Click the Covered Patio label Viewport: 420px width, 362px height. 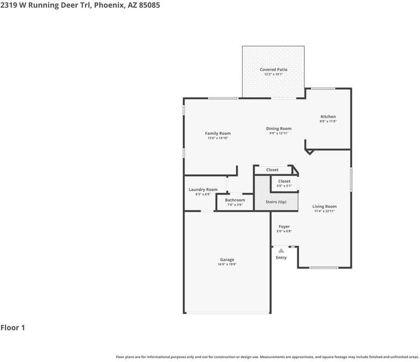[x=274, y=70]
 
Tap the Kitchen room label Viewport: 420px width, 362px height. [x=328, y=117]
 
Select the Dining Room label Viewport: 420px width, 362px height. [x=279, y=129]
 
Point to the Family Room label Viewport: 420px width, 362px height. [x=218, y=133]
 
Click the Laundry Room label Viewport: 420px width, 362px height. [x=203, y=190]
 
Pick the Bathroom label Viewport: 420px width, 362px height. [x=235, y=200]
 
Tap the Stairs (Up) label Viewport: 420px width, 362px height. [x=276, y=202]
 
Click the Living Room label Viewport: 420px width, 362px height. [x=324, y=206]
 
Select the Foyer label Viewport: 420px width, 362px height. [x=284, y=227]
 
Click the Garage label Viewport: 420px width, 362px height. [x=227, y=259]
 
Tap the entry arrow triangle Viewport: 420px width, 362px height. [x=281, y=250]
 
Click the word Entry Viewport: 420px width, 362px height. [x=281, y=258]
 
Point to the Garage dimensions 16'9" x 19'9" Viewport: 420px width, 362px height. [x=227, y=264]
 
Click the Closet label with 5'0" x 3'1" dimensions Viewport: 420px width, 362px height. [x=284, y=181]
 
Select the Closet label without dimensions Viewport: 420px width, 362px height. [x=272, y=170]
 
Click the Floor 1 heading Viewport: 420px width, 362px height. [x=13, y=328]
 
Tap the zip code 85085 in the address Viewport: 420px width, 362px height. [x=149, y=5]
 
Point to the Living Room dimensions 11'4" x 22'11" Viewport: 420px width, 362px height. [x=324, y=211]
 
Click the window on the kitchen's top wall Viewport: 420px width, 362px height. [x=323, y=88]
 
